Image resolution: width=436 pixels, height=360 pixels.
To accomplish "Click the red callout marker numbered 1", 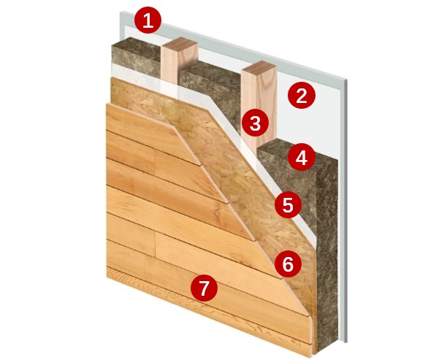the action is point(148,20).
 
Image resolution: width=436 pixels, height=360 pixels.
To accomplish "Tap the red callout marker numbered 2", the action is point(302,96).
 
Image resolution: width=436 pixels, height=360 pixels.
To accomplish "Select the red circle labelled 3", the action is point(255,123).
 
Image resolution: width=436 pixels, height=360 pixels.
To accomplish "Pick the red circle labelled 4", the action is point(302,157).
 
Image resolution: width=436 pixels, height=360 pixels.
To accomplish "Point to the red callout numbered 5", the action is point(288,205).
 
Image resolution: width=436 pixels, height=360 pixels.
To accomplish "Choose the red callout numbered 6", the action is point(288,264).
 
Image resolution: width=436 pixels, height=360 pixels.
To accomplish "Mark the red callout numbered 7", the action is point(204,288).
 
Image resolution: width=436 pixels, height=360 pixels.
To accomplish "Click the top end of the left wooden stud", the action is point(180,42).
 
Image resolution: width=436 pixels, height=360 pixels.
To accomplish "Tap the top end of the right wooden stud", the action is point(259,66).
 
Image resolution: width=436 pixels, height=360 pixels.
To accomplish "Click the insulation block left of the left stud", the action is point(136,57).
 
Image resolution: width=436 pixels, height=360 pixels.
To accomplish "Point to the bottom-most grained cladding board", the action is point(209,311).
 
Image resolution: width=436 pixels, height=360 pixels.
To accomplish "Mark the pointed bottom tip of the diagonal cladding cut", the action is point(311,357).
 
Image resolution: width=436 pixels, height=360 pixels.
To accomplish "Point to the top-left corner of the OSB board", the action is point(111,77).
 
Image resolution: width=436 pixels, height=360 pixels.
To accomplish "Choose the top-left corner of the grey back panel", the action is point(120,12).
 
